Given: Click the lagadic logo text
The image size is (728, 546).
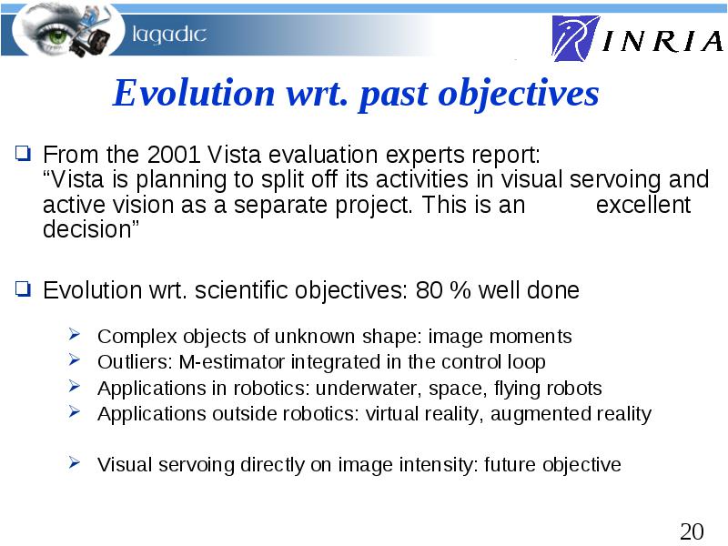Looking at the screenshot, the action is click(x=169, y=35).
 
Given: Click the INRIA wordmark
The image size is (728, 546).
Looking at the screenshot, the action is click(x=663, y=41).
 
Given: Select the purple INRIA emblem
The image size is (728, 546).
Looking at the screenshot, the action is click(x=575, y=38).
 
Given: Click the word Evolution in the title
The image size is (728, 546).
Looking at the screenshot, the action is click(x=194, y=93).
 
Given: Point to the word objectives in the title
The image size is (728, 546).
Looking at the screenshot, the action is click(x=518, y=95).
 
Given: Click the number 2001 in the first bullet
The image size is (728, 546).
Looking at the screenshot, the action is click(x=174, y=155).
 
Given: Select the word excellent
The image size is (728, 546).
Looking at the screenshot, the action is click(x=643, y=205).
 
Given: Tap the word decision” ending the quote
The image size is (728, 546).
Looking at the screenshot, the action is click(x=91, y=229).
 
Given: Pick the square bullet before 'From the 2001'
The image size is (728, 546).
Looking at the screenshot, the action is click(x=23, y=153).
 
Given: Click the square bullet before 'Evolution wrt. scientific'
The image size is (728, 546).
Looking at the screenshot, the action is click(x=23, y=288).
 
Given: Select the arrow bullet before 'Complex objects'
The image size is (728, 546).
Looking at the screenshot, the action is click(x=75, y=334).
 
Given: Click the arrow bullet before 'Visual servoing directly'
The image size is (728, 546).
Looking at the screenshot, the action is click(x=75, y=462).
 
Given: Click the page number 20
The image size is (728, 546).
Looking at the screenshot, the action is click(x=692, y=531).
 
